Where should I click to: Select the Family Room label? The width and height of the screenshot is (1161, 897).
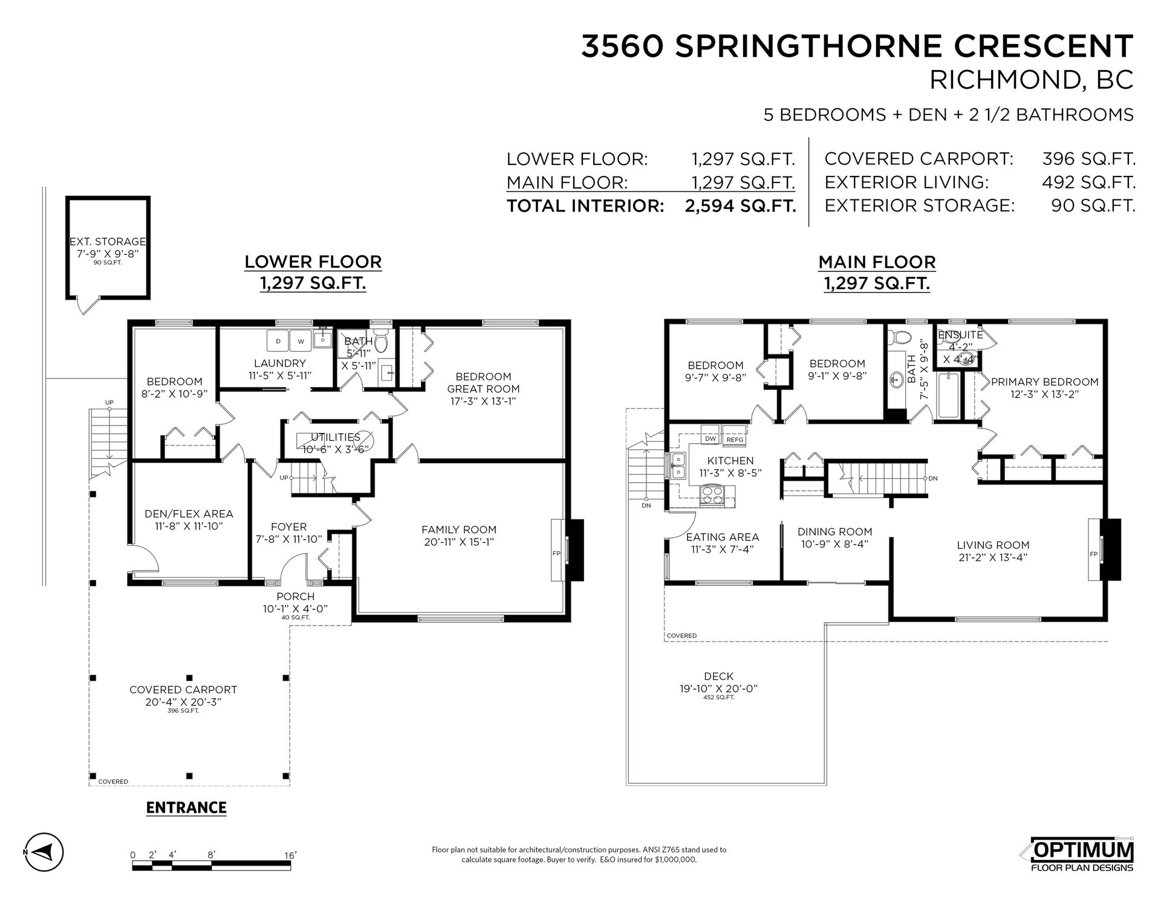(459, 529)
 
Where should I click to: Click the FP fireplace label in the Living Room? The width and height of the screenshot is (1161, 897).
(1093, 554)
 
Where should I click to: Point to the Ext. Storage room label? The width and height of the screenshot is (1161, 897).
(108, 242)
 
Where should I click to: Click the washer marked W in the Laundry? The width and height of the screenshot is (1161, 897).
(301, 341)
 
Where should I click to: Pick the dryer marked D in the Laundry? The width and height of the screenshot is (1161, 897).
(278, 341)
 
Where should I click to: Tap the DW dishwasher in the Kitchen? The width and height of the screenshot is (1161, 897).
(711, 439)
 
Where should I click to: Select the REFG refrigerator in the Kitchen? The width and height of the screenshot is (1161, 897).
(735, 439)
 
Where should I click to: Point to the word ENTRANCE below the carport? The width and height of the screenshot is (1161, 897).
(186, 808)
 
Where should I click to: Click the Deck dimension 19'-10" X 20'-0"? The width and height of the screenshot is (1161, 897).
(718, 688)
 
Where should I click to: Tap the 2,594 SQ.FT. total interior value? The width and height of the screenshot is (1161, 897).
(740, 206)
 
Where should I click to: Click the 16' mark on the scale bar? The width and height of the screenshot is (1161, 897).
(290, 855)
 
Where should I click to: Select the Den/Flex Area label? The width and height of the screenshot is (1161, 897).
(189, 514)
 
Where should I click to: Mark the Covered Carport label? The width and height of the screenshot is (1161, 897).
(183, 690)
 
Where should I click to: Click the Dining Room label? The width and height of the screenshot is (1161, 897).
(834, 532)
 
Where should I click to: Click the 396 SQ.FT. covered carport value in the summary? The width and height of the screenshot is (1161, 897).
(1088, 159)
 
